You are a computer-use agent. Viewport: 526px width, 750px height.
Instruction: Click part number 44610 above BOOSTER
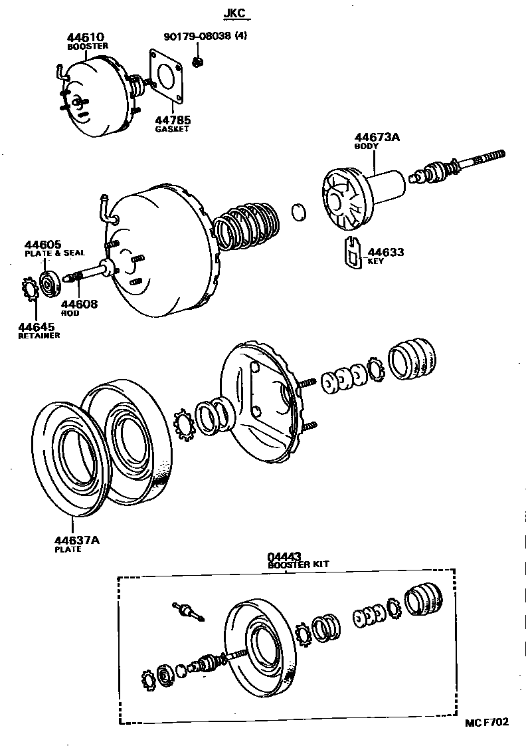tap(85, 38)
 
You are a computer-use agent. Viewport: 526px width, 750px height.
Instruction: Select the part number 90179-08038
tap(197, 37)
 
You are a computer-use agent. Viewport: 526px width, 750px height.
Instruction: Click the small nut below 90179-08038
tap(197, 62)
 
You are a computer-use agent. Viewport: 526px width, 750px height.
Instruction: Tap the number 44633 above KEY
tap(386, 253)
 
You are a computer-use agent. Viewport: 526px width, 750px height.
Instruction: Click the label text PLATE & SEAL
tap(54, 253)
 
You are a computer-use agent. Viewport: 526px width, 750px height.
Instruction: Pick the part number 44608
tap(79, 305)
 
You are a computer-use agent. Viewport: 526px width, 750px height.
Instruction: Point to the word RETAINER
tap(39, 336)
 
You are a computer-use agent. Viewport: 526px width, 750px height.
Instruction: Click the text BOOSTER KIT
tap(298, 564)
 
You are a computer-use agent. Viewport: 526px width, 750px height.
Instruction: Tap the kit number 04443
tap(285, 556)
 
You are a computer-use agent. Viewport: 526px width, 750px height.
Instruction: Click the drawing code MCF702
tap(486, 722)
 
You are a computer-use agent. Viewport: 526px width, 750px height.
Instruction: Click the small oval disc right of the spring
tap(300, 212)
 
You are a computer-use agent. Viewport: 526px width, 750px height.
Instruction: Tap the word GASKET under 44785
tap(172, 128)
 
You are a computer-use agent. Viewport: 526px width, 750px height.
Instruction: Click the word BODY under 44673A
tap(365, 146)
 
